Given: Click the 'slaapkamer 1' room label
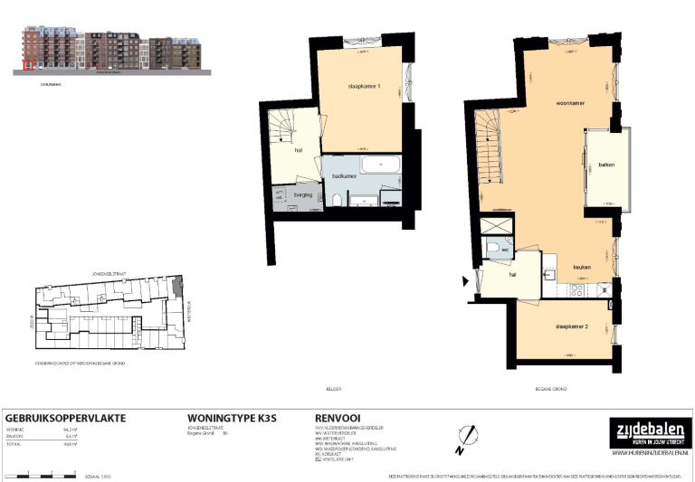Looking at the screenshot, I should (364, 86).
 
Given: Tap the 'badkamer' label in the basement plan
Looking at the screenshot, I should (343, 175).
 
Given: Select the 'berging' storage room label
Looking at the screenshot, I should (303, 194).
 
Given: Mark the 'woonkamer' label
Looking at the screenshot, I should (570, 103).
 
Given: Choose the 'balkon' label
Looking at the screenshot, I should (606, 165).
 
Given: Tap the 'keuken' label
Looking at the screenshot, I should (582, 267).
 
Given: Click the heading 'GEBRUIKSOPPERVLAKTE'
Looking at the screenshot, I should (66, 418).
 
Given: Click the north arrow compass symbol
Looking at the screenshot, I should (464, 438).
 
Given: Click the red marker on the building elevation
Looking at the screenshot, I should (28, 65).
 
